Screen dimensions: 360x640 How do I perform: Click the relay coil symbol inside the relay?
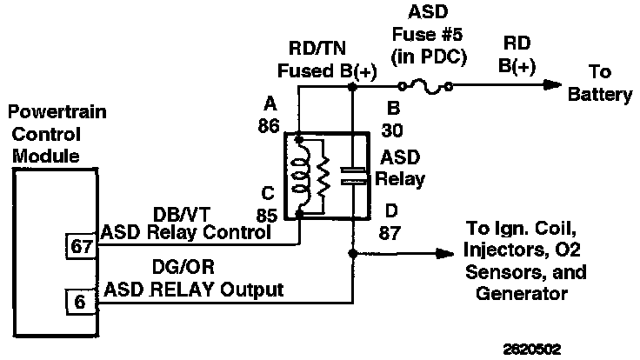pyautogui.click(x=301, y=174)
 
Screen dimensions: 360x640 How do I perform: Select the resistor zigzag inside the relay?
pyautogui.click(x=323, y=174)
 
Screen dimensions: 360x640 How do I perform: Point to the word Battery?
pyautogui.click(x=601, y=95)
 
